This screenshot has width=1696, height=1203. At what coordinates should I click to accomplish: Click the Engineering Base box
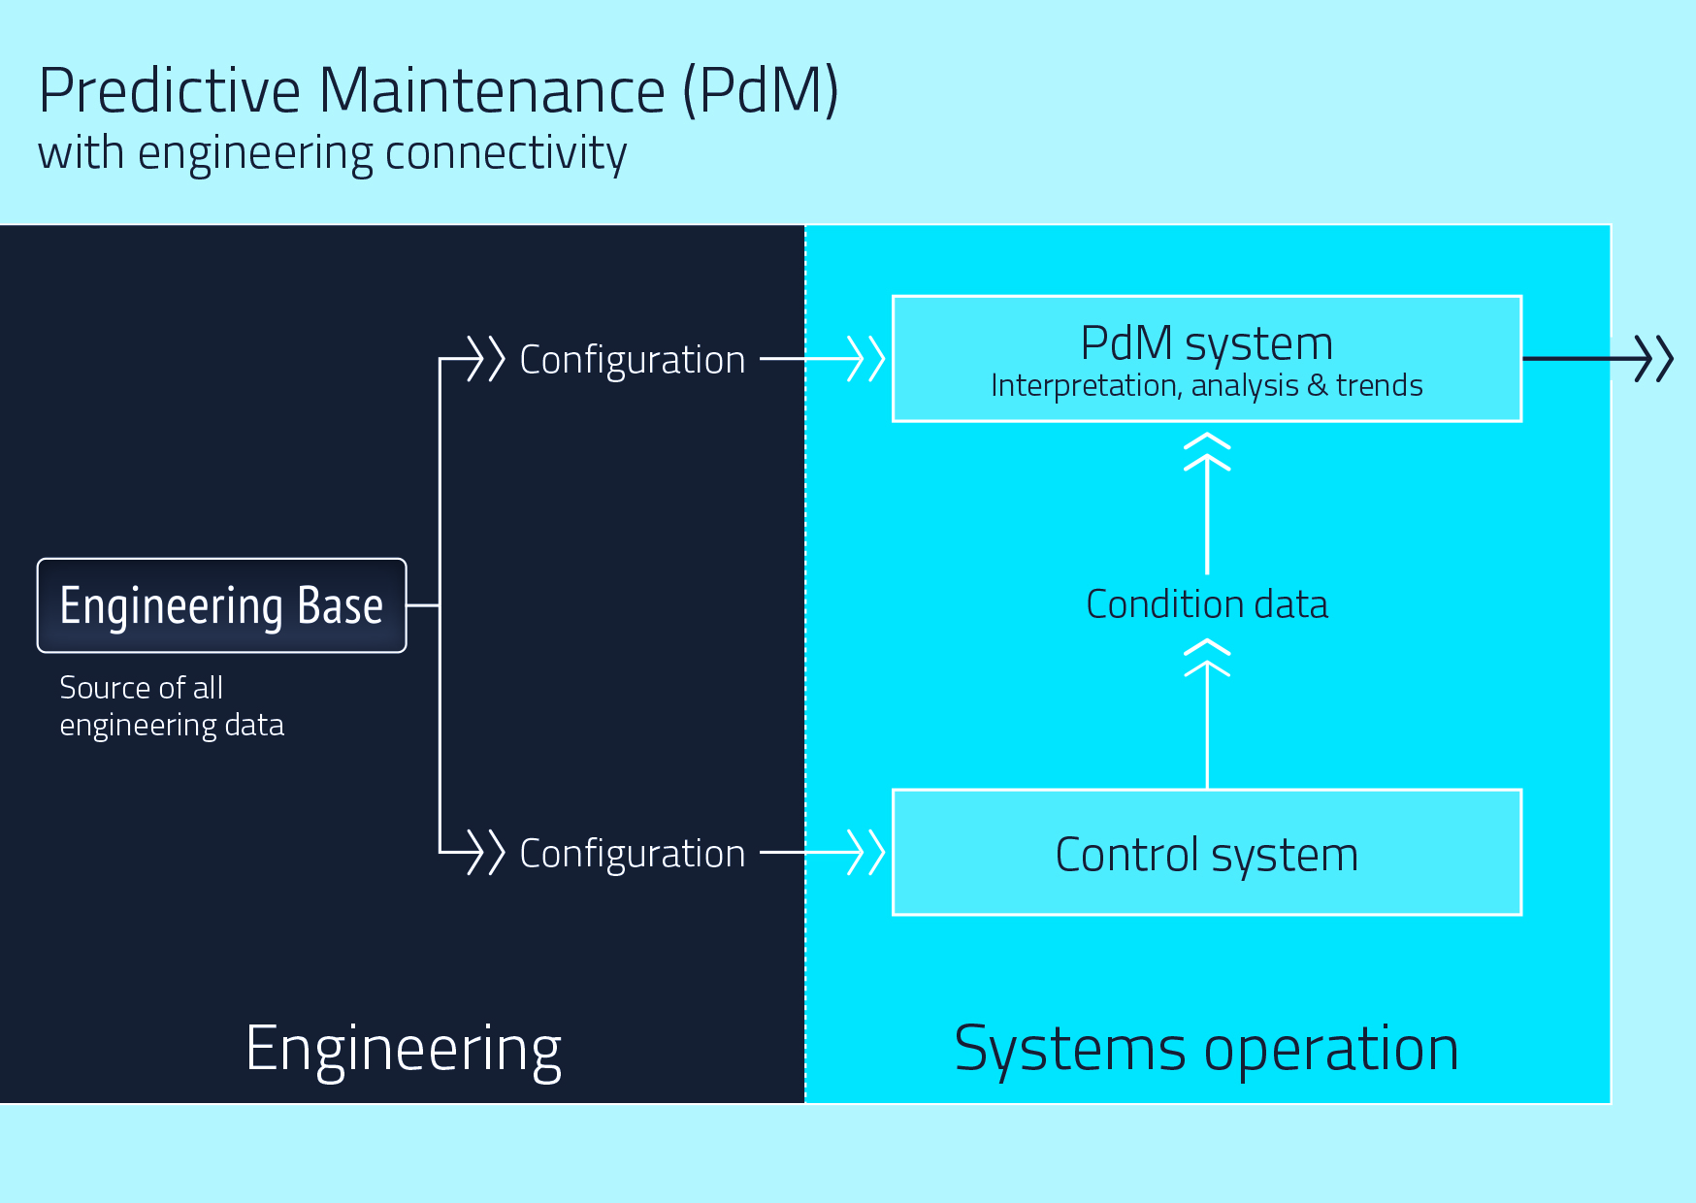(221, 605)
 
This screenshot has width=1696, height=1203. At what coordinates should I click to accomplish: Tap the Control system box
(1206, 853)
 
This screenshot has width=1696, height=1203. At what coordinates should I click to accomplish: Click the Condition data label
(1206, 604)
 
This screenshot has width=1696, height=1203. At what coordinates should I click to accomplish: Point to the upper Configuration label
(633, 360)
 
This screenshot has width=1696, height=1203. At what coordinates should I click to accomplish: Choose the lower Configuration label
(633, 854)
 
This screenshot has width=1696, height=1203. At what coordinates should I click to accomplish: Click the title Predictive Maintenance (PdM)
(439, 90)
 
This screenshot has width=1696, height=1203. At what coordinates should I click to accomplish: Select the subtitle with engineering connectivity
(332, 153)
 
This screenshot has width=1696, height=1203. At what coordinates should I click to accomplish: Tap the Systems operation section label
(1206, 1049)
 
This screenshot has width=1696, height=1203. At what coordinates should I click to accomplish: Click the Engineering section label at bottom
(404, 1049)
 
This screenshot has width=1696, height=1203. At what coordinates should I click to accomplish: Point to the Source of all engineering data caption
(172, 706)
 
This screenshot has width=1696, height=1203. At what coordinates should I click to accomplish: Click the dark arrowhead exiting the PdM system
(1653, 359)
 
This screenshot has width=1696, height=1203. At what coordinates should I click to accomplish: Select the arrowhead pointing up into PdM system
(1207, 452)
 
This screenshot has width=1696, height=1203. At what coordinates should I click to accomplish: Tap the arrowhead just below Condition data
(1207, 658)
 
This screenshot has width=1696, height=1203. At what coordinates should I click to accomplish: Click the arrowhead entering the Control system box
(865, 853)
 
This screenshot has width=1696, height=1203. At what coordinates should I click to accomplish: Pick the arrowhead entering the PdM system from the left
(865, 359)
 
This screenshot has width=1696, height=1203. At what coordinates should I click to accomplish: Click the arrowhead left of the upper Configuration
(486, 359)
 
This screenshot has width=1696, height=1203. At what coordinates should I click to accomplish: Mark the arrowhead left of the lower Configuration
(486, 853)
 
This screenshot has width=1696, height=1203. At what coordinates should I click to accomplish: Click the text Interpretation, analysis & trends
(1206, 386)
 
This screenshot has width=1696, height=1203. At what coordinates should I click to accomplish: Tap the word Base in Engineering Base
(340, 605)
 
